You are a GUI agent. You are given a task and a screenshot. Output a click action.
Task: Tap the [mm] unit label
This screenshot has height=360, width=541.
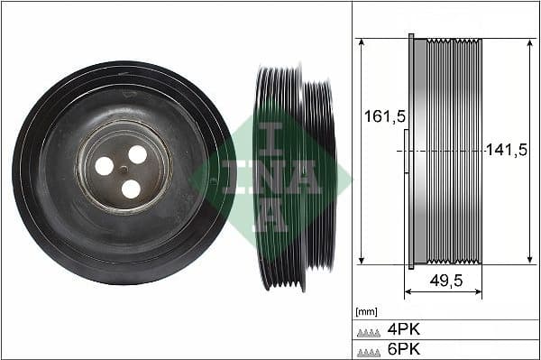click(x=366, y=312)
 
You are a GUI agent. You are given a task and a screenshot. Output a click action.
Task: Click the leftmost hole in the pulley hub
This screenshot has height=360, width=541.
click(x=105, y=166)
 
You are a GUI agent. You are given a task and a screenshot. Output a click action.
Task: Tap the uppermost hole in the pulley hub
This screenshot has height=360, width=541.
click(x=137, y=154)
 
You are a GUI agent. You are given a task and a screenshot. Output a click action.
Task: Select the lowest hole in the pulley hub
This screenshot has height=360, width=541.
click(x=131, y=189)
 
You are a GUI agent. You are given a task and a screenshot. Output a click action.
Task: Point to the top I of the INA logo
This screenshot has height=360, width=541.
click(x=268, y=138)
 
